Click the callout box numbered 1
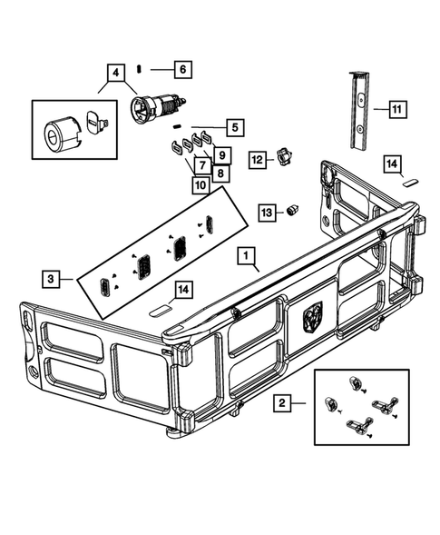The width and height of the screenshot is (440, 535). (x=246, y=257)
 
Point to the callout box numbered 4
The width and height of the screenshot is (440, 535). (x=115, y=72)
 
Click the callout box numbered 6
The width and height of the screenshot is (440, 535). (x=181, y=69)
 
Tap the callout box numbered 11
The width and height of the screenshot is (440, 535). (x=397, y=109)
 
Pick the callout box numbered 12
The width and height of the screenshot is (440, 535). (x=257, y=159)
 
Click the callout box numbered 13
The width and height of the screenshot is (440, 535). (x=266, y=211)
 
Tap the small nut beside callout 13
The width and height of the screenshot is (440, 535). (x=293, y=210)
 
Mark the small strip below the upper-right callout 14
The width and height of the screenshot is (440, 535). (x=411, y=181)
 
